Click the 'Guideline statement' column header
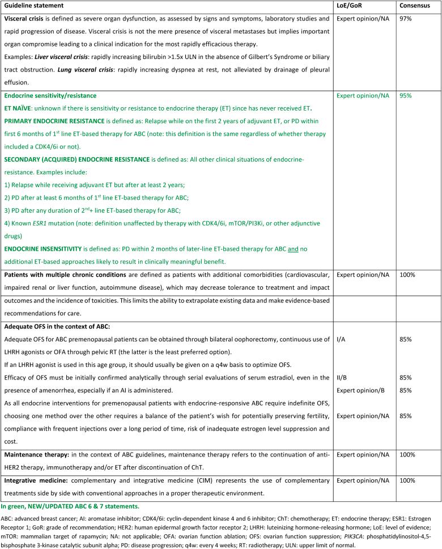point(32,5)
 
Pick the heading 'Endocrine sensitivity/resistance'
point(50,96)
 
